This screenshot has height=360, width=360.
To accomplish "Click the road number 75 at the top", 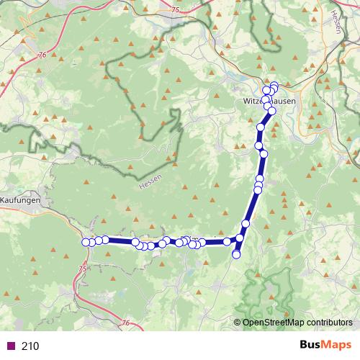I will pos(177,8).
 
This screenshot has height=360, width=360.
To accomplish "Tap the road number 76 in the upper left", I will pos(42,55).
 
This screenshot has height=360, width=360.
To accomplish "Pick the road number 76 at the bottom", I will pos(127,304).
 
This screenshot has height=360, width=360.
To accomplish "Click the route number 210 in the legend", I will pos(30,346).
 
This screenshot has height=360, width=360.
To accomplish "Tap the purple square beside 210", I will pos(11,346).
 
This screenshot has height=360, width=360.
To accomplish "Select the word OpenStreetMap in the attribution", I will pos(274,322).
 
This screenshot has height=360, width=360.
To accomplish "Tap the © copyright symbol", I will pos(238,322).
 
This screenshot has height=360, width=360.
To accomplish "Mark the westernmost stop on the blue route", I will pos(86,242).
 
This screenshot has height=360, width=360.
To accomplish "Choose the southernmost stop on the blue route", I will pos(236,254).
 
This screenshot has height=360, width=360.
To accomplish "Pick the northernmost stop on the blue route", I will pos(274,86).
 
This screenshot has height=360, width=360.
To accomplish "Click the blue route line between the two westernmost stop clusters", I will pos(120,241).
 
